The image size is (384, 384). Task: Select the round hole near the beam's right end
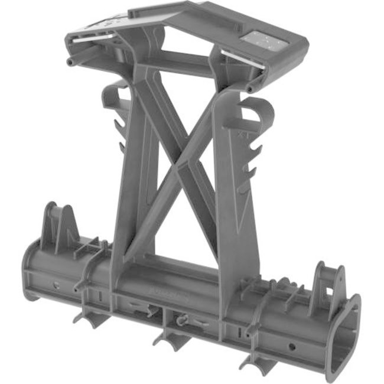tap(293, 346)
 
